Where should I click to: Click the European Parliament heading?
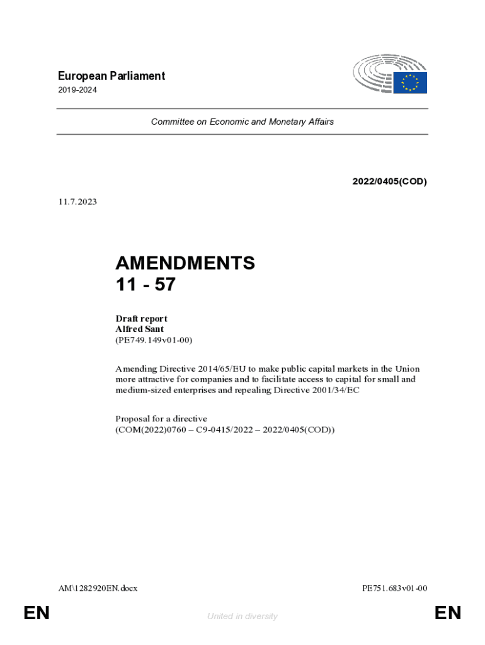point(111,76)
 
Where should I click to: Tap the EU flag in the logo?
point(410,83)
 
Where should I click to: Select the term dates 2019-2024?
point(77,90)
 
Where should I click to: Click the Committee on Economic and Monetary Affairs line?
point(243,122)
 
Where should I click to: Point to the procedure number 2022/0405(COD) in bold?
point(389,181)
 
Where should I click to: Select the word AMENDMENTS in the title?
point(185,263)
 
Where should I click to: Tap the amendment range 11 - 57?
point(145,285)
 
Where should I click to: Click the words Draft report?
point(141,319)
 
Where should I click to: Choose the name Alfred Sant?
point(139,329)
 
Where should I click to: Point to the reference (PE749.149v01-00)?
point(154,340)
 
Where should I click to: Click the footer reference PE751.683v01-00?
point(395,588)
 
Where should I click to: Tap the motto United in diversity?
point(242,616)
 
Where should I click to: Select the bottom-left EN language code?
point(37,613)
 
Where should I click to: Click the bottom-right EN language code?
point(448,613)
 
